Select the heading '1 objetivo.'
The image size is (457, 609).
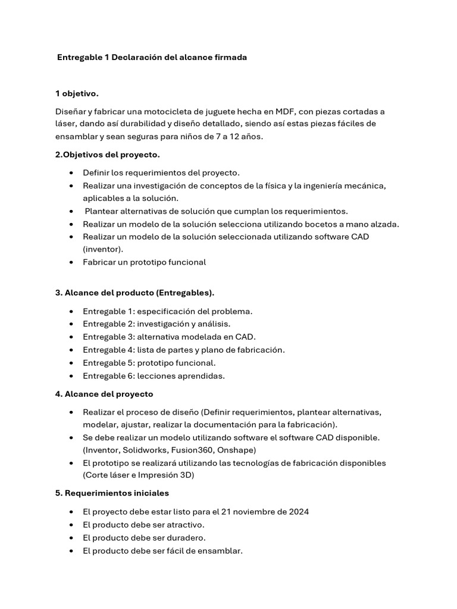point(77,93)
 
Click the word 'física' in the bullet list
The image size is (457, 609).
point(282,186)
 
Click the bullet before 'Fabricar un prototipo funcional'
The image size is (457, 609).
point(71,262)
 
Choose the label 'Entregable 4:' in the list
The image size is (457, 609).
point(109,350)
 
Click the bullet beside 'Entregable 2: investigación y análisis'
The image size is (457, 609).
point(71,324)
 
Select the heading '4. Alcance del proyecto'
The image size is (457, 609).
point(104,394)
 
